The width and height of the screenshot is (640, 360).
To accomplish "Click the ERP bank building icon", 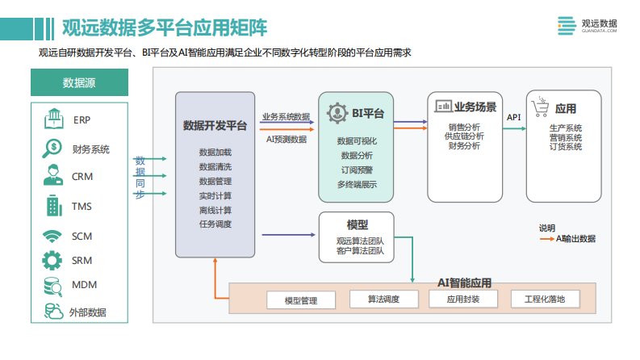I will [54, 119].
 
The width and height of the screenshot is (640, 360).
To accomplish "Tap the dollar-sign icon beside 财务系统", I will [54, 148].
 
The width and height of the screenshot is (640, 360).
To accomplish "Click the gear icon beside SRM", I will [53, 261].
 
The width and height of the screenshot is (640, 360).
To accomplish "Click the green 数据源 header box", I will [78, 83].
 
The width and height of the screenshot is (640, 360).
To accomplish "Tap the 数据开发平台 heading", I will [215, 125].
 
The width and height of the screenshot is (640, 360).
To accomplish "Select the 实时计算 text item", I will [215, 195].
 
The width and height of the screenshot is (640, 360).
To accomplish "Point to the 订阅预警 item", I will [357, 170].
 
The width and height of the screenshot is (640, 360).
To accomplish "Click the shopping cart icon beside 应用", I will [541, 106].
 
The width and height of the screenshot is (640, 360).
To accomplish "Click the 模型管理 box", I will [301, 300].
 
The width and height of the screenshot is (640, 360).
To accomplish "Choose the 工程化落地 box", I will [545, 299].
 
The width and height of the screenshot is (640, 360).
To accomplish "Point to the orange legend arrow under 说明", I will [548, 238].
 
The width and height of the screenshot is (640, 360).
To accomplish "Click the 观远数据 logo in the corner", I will [587, 26].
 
